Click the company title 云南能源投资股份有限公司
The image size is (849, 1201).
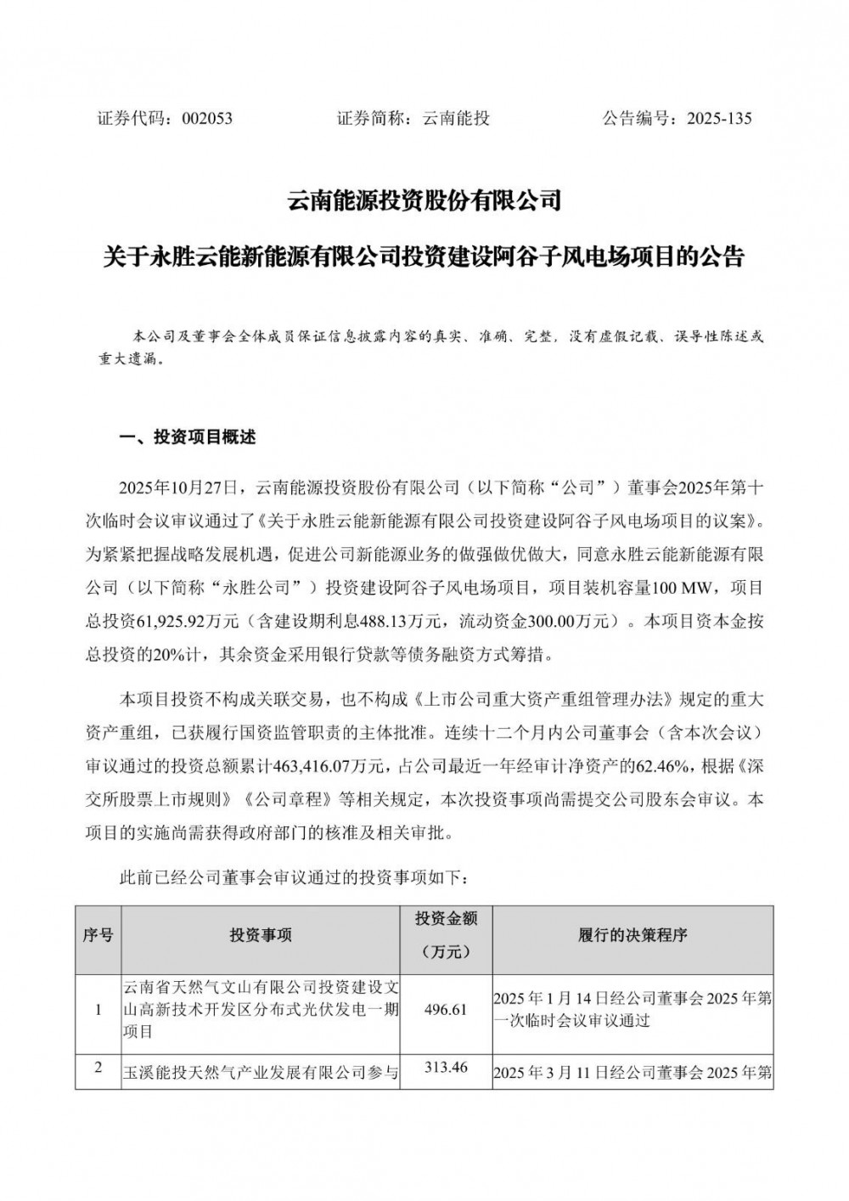[x=424, y=202]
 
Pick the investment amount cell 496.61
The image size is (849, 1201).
[x=445, y=1010]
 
